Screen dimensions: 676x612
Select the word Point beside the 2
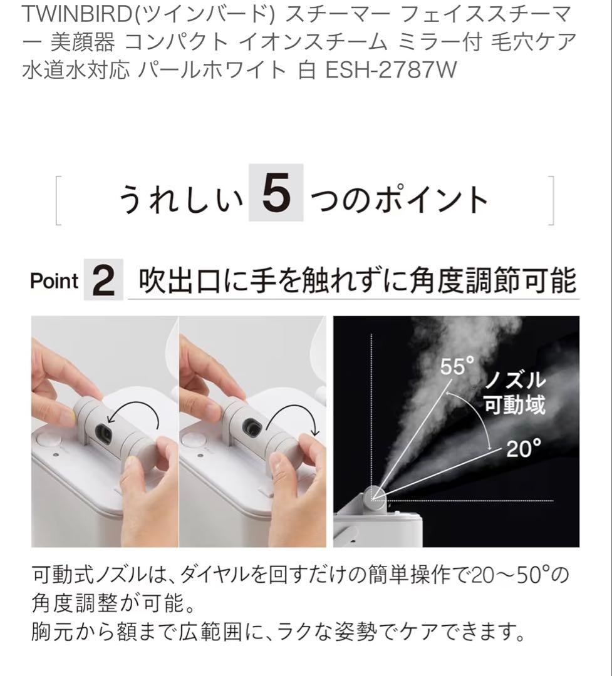(x=54, y=281)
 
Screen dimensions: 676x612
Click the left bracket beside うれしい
(x=58, y=200)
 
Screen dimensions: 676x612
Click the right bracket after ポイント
(x=551, y=200)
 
